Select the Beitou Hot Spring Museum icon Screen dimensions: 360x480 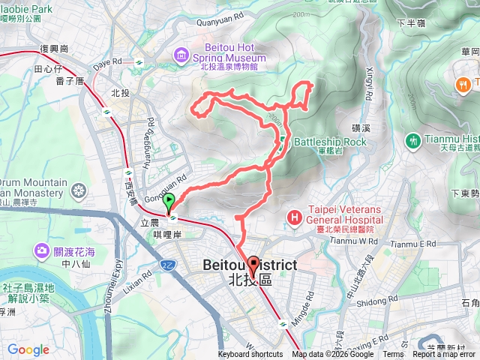point(181,55)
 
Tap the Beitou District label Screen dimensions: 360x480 point(250,265)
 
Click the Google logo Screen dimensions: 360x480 point(28,349)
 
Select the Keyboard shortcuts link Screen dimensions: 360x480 point(251,355)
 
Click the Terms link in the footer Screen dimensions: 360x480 point(393,355)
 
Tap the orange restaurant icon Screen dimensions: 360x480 point(463,82)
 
